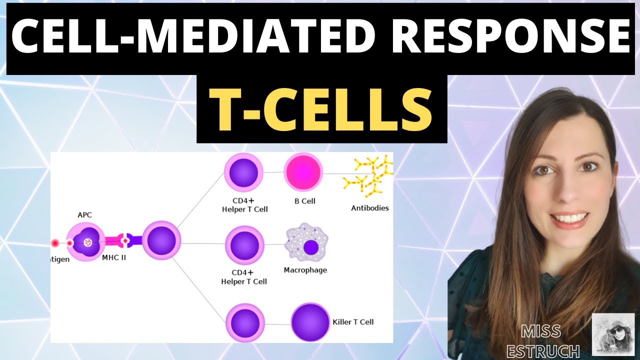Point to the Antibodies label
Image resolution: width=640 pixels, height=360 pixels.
370,208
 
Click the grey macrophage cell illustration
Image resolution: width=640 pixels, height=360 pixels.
306,244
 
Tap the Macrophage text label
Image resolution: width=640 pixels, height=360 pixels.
305,270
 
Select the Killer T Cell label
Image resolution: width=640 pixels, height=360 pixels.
353,322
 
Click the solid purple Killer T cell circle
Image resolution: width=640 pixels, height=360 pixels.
310,322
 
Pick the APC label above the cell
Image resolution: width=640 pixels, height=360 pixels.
84,215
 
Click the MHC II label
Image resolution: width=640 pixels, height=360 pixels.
114,258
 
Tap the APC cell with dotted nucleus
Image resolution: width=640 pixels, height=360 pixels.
86,242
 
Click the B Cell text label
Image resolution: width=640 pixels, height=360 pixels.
304,201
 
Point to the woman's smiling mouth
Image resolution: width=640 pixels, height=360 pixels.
569,219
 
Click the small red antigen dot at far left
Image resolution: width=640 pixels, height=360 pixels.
54,243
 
